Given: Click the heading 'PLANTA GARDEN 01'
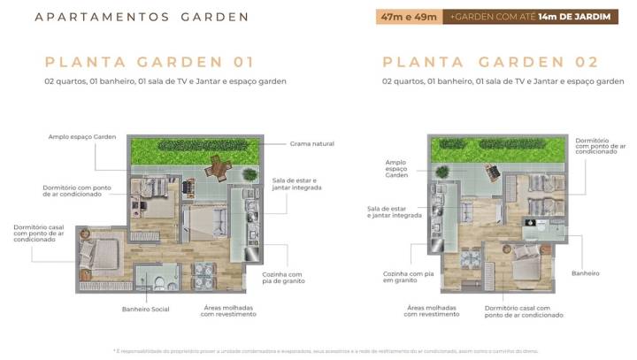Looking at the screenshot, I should tap(150, 62).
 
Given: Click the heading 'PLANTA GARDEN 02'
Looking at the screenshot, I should tap(490, 62).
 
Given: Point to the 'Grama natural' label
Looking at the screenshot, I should tap(312, 143).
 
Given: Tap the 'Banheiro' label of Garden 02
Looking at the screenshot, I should tap(586, 272).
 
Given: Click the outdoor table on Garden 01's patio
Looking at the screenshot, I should tap(216, 168).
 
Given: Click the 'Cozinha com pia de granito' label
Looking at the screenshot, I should tap(282, 279).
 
